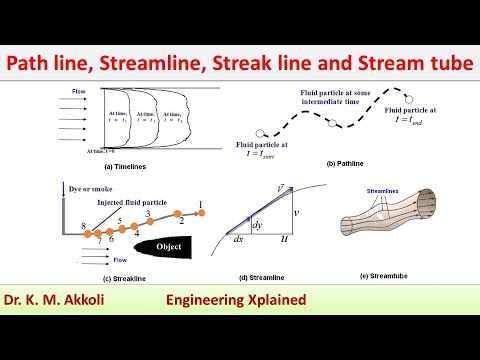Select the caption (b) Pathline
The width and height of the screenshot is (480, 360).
pyautogui.click(x=343, y=161)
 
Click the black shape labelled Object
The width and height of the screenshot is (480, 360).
pyautogui.click(x=164, y=245)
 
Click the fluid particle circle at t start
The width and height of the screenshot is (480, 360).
pyautogui.click(x=262, y=132)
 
